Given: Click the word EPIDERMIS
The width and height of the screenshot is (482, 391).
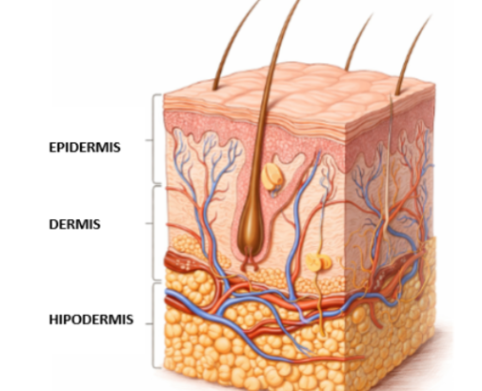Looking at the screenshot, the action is coord(85,147).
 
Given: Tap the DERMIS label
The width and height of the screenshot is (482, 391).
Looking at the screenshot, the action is coord(74,224).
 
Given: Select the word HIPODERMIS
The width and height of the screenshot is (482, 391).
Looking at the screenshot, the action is coord(91,319).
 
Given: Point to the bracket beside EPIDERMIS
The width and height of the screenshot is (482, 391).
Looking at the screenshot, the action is coord(153,139).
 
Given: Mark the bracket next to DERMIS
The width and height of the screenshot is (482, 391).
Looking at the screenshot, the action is coord(153,234).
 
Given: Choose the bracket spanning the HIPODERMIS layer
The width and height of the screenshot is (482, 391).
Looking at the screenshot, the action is coord(153,325).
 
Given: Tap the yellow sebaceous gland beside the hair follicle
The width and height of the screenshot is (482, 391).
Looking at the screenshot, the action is coord(271,176).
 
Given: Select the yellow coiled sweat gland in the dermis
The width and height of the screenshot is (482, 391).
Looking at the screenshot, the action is coord(318,262).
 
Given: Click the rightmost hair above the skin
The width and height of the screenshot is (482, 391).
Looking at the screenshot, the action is coord(412,54).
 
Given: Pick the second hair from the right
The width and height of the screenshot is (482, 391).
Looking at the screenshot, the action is coord(358,41).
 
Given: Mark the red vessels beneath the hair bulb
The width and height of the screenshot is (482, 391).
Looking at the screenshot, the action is coord(250,262).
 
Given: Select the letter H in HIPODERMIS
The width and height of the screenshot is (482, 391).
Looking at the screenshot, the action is coord(53,319).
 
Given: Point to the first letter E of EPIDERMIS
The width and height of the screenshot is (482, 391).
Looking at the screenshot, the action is coord(53,147).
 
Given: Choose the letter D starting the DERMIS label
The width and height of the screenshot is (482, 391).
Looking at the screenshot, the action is coord(54,224).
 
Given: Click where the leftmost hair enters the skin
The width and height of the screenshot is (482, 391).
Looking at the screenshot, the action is coord(215,88).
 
